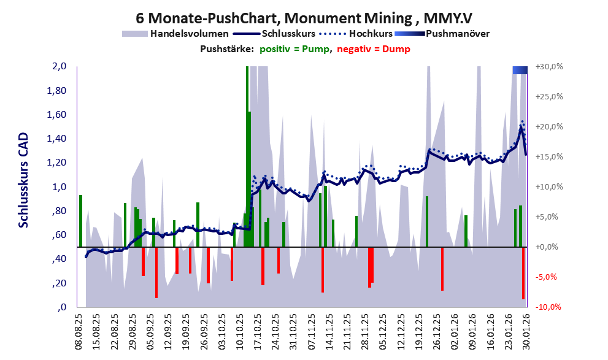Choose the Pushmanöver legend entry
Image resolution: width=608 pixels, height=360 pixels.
coord(456,34)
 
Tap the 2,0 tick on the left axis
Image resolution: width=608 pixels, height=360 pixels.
coord(59,67)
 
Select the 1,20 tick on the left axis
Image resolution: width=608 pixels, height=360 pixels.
coord(56,163)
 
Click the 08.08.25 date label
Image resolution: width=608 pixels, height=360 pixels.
coord(79,332)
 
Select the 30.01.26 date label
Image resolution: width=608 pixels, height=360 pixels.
coord(525,332)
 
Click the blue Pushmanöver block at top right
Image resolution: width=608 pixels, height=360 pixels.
coord(520,71)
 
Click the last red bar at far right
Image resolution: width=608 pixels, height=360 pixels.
coord(523,273)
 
